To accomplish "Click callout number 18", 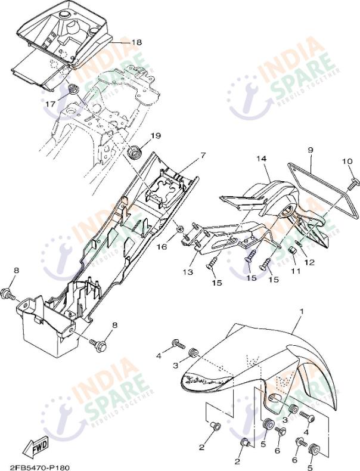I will point(136,42).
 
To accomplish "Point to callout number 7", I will point(203,156).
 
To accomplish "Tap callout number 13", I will point(188,272).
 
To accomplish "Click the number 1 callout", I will point(302,311).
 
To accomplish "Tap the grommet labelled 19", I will point(135,151).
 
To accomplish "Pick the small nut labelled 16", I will point(179,228).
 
